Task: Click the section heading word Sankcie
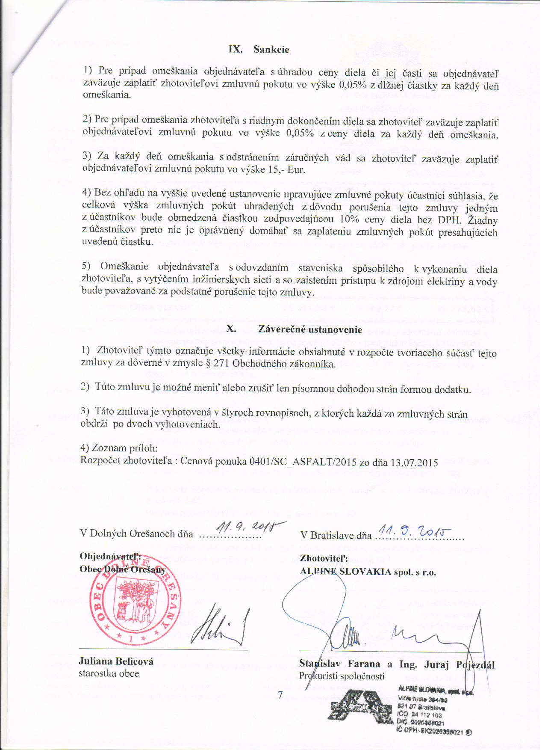pos(271,50)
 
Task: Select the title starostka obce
pos(109,673)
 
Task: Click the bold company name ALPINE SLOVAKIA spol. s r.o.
pos(368,572)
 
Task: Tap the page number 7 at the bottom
pos(280,695)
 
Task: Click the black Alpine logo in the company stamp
pos(359,706)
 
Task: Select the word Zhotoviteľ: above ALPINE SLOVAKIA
pos(324,559)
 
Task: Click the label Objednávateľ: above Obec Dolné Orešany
pos(110,556)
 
